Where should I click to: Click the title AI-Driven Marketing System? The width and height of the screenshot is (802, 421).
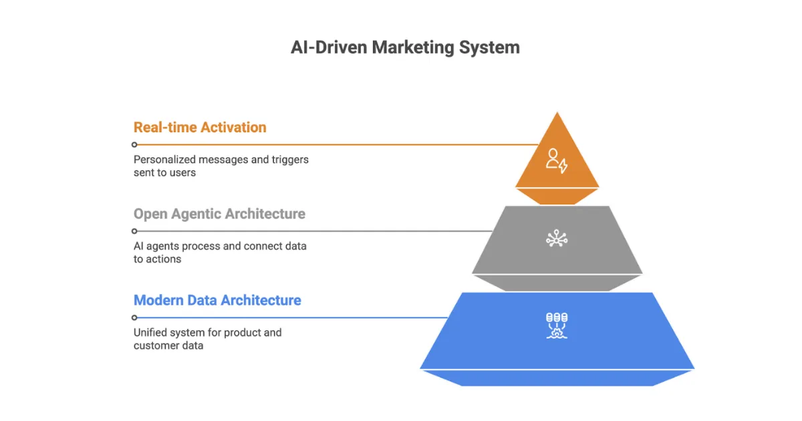click(x=405, y=48)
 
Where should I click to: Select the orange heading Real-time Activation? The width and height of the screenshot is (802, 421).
click(x=200, y=127)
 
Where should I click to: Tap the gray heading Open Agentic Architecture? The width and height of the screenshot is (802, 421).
click(x=219, y=214)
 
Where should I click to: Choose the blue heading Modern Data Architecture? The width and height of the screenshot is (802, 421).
click(x=217, y=300)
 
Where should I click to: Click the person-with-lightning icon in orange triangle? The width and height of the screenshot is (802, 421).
click(x=557, y=161)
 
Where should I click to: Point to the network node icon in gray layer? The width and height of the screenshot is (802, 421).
click(x=557, y=238)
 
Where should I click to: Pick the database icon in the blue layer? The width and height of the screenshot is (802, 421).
click(x=557, y=325)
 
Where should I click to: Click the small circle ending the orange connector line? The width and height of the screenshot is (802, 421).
click(x=134, y=144)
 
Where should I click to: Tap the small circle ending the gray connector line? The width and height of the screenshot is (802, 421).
click(x=134, y=231)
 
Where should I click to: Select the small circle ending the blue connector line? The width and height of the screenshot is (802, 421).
click(x=134, y=317)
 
